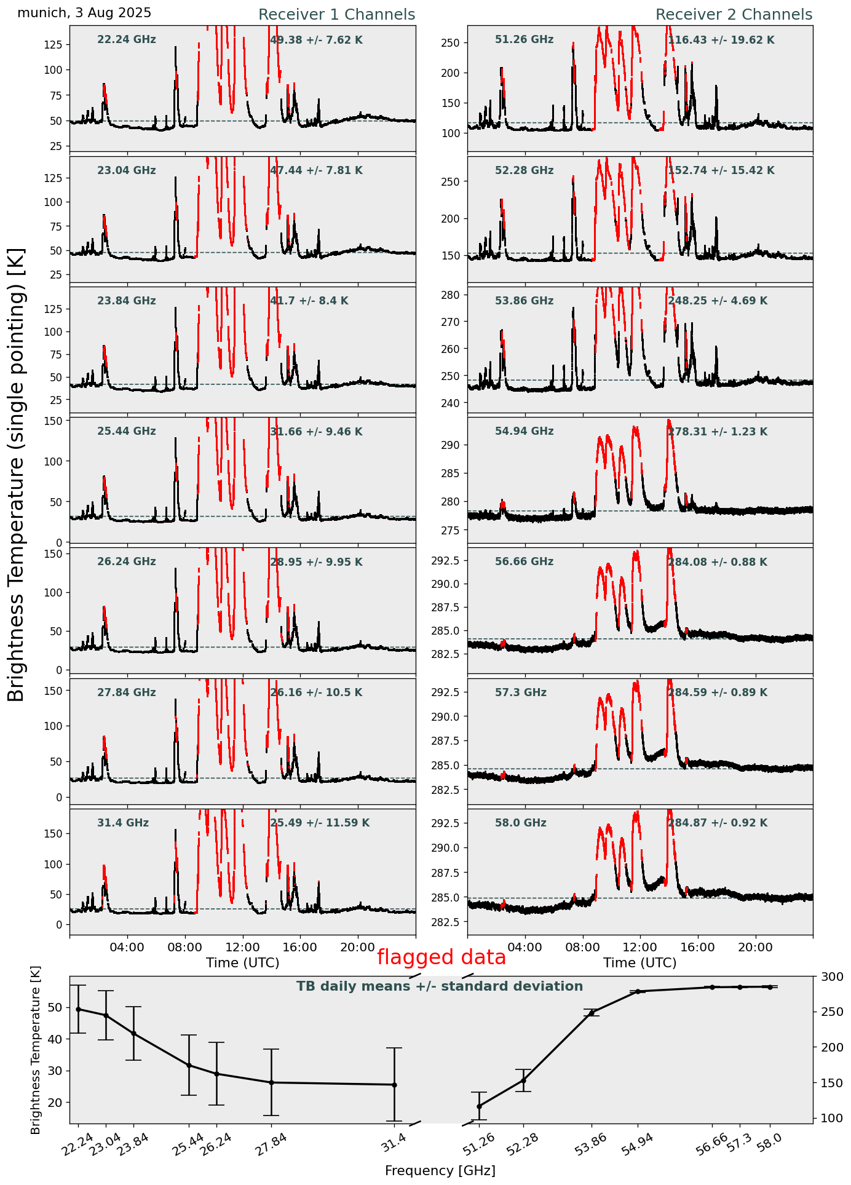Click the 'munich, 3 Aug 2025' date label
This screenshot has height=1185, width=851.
pyautogui.click(x=84, y=13)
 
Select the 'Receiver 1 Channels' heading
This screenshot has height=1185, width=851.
pyautogui.click(x=336, y=15)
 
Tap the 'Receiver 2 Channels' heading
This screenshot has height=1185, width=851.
pyautogui.click(x=734, y=15)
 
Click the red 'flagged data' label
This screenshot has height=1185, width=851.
pyautogui.click(x=441, y=957)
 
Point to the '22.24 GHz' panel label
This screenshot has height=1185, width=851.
pyautogui.click(x=127, y=40)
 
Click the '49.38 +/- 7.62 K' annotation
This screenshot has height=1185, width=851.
pyautogui.click(x=316, y=40)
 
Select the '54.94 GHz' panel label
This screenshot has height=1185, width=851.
pyautogui.click(x=524, y=432)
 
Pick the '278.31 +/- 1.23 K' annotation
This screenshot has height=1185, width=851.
pyautogui.click(x=718, y=432)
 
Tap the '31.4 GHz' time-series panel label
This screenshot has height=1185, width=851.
pyautogui.click(x=123, y=823)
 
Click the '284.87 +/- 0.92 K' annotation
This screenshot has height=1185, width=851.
pyautogui.click(x=718, y=823)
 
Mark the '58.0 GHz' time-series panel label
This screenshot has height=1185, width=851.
pyautogui.click(x=520, y=823)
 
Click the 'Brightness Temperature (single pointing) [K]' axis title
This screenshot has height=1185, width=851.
pyautogui.click(x=17, y=474)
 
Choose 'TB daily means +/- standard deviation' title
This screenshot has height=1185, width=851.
pyautogui.click(x=440, y=986)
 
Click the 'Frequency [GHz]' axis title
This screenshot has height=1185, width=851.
pyautogui.click(x=440, y=1170)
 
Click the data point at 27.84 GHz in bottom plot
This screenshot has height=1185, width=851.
pyautogui.click(x=271, y=1082)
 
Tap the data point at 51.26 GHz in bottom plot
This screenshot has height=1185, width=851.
pyautogui.click(x=479, y=1106)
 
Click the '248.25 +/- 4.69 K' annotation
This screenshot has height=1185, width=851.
pyautogui.click(x=718, y=301)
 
